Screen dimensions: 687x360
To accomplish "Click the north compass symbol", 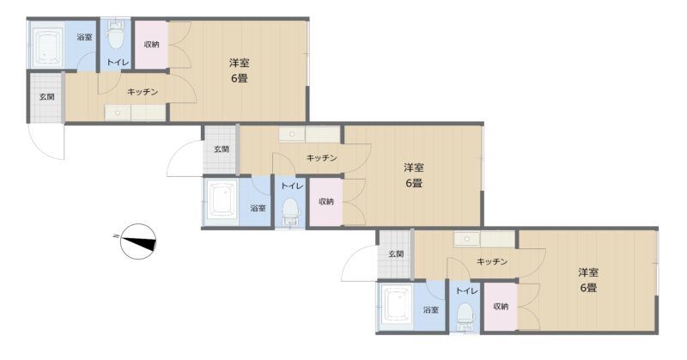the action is pyautogui.click(x=138, y=241).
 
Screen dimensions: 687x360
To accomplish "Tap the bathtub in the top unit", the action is pyautogui.click(x=47, y=46).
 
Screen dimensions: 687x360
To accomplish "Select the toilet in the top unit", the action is pyautogui.click(x=116, y=35).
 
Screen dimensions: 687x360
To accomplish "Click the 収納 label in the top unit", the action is pyautogui.click(x=151, y=45).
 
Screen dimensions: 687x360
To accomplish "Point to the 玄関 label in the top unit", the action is pyautogui.click(x=47, y=97).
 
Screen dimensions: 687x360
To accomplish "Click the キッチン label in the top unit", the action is pyautogui.click(x=143, y=92).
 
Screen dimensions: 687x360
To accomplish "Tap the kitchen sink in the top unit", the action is pyautogui.click(x=118, y=113).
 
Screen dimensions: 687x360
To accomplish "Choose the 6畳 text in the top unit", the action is pyautogui.click(x=240, y=78).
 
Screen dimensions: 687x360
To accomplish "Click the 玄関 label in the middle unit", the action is pyautogui.click(x=222, y=149).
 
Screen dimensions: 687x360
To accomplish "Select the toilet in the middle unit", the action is pyautogui.click(x=290, y=211).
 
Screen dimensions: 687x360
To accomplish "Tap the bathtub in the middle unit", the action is pyautogui.click(x=222, y=202).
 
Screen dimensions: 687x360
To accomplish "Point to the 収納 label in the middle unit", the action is pyautogui.click(x=326, y=202).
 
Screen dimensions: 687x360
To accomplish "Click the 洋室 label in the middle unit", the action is pyautogui.click(x=414, y=168).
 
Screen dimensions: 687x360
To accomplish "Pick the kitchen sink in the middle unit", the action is pyautogui.click(x=292, y=134).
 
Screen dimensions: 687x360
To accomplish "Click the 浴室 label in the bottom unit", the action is pyautogui.click(x=431, y=309).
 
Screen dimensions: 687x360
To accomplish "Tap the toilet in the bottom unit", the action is pyautogui.click(x=465, y=316).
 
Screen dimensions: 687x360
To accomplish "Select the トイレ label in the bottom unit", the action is pyautogui.click(x=466, y=290).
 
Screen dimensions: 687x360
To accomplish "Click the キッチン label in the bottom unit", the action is pyautogui.click(x=492, y=262).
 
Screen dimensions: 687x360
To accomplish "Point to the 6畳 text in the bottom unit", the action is pyautogui.click(x=588, y=288).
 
